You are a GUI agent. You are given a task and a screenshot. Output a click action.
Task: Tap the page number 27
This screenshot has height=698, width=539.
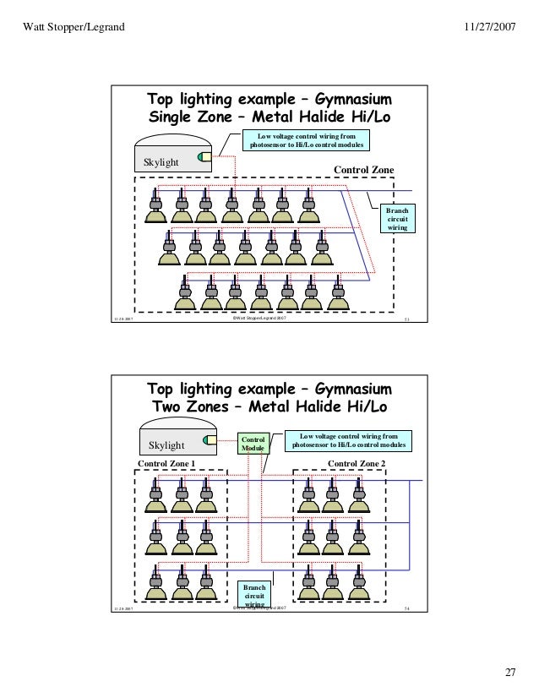pyautogui.click(x=509, y=673)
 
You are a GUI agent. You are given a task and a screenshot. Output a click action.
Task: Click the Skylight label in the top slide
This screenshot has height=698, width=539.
pyautogui.click(x=161, y=161)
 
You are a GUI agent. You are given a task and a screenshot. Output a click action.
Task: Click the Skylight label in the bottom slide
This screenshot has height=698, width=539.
pyautogui.click(x=166, y=445)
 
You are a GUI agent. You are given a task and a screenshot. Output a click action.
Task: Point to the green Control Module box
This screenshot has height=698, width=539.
pyautogui.click(x=253, y=444)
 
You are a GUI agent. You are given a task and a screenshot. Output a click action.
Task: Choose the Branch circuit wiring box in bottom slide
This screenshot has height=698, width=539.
pyautogui.click(x=253, y=594)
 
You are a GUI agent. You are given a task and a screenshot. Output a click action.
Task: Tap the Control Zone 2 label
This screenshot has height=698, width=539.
pyautogui.click(x=356, y=464)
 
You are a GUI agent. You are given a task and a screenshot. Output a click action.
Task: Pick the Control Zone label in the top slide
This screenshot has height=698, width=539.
pyautogui.click(x=364, y=170)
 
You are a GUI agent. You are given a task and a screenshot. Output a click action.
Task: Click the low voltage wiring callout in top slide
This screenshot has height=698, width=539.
pyautogui.click(x=306, y=140)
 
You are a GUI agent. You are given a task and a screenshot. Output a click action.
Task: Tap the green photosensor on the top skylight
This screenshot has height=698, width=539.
pyautogui.click(x=204, y=156)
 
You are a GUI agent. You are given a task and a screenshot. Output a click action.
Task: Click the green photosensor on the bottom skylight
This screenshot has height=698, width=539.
pyautogui.click(x=207, y=439)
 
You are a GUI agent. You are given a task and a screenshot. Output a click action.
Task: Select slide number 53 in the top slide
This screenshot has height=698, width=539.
pyautogui.click(x=407, y=319)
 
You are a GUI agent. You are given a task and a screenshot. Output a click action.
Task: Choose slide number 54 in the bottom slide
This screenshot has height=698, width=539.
pyautogui.click(x=407, y=608)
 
